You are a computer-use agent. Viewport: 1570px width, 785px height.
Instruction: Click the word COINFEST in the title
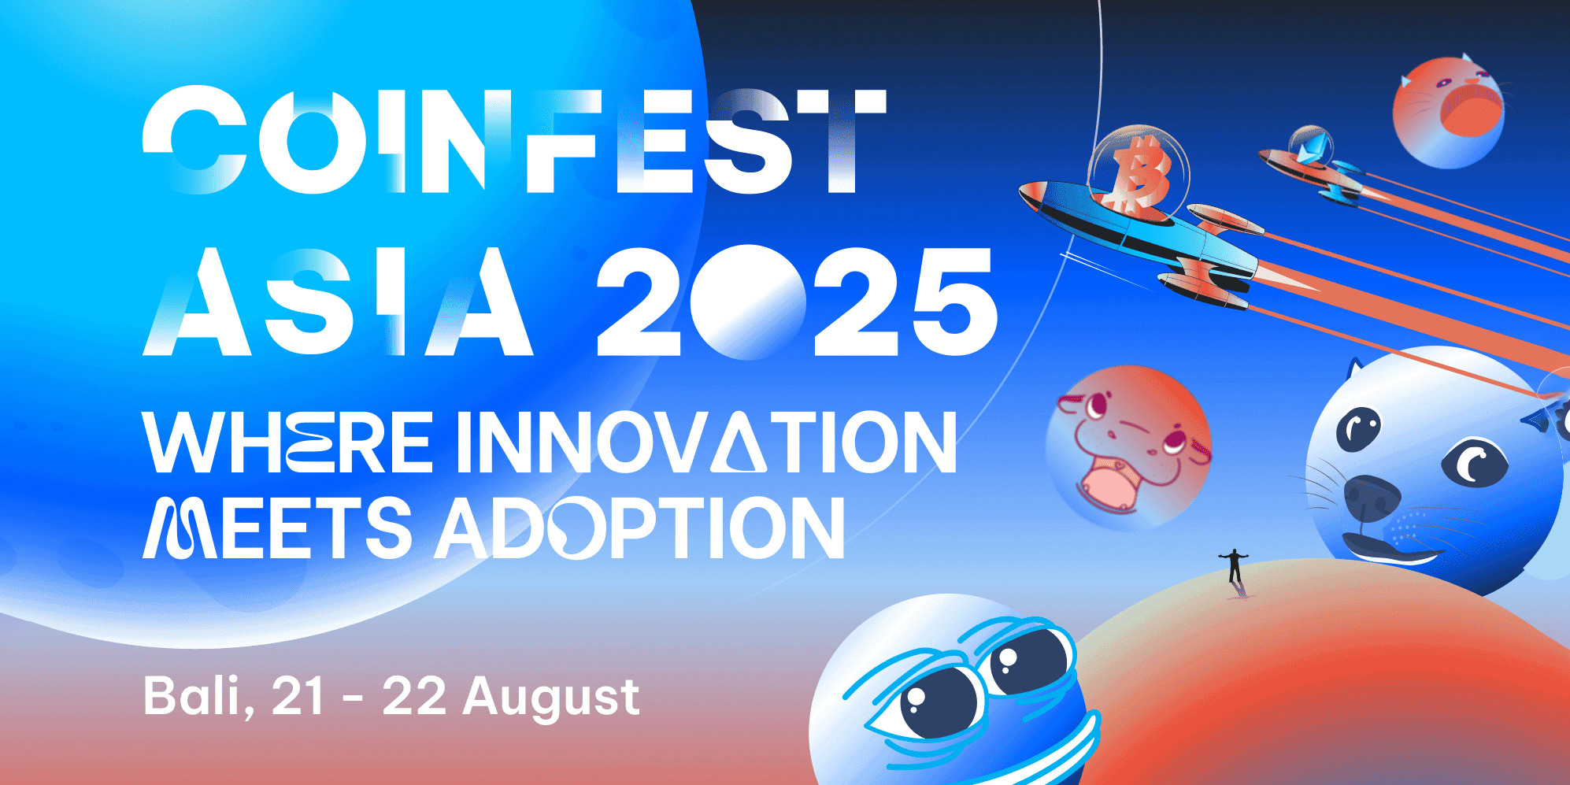tap(514, 139)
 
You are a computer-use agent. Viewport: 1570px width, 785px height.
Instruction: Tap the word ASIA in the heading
tap(339, 301)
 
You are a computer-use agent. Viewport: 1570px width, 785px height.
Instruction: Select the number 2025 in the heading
tap(797, 302)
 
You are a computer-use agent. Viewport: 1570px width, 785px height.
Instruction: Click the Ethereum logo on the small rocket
tap(1311, 147)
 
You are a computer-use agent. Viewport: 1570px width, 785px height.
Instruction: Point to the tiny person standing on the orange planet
tap(1234, 565)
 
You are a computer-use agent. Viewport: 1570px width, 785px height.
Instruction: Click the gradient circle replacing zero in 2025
tap(747, 302)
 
